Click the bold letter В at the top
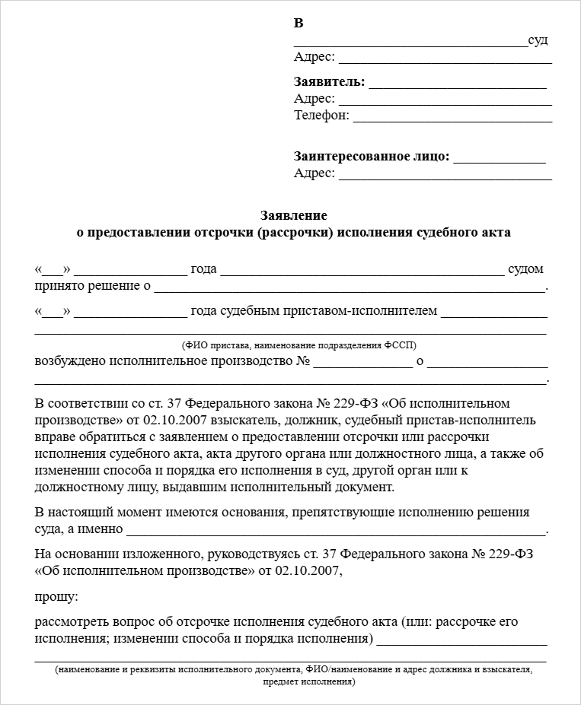tap(298, 23)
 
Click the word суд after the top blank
tap(538, 40)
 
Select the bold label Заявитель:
tap(329, 82)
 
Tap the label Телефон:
tap(321, 116)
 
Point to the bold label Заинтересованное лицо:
tap(372, 157)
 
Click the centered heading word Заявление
tap(293, 215)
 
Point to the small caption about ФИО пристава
tap(298, 345)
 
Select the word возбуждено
tap(71, 360)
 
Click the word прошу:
tap(56, 596)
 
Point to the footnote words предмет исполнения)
tap(308, 681)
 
